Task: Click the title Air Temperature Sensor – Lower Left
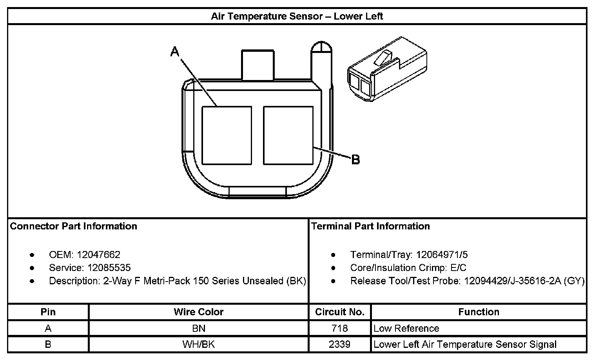297,16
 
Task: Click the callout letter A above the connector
175,51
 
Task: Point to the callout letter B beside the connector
355,160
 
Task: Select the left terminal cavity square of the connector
227,135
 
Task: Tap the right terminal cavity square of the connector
288,135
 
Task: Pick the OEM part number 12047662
98,255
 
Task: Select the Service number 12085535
109,268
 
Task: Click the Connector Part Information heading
74,226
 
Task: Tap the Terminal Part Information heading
370,226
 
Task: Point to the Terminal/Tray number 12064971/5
442,255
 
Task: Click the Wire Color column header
198,312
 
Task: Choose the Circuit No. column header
340,312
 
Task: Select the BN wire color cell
199,328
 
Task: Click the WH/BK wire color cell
199,344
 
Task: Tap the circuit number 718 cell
339,328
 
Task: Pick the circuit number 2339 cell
339,344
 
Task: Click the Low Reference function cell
406,328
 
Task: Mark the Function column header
479,312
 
